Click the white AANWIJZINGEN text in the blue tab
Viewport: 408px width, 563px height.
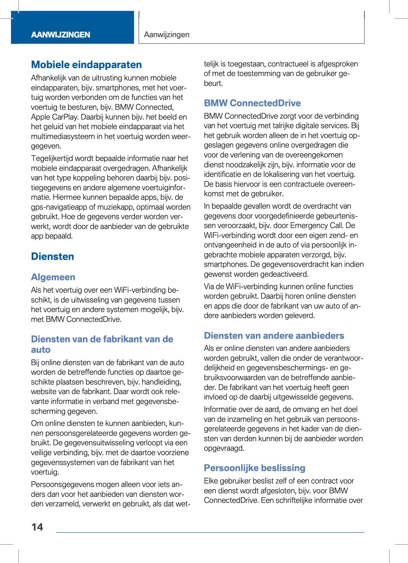60,35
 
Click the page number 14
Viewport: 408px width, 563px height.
37,527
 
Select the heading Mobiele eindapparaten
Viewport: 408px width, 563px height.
86,65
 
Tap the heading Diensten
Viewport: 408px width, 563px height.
53,256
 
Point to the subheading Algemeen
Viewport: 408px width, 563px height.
53,277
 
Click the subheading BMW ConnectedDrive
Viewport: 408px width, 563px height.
252,103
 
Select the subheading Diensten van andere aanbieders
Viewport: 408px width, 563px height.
274,336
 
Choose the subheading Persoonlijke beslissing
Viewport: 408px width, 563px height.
254,468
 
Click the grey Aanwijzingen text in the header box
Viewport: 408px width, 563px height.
166,35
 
